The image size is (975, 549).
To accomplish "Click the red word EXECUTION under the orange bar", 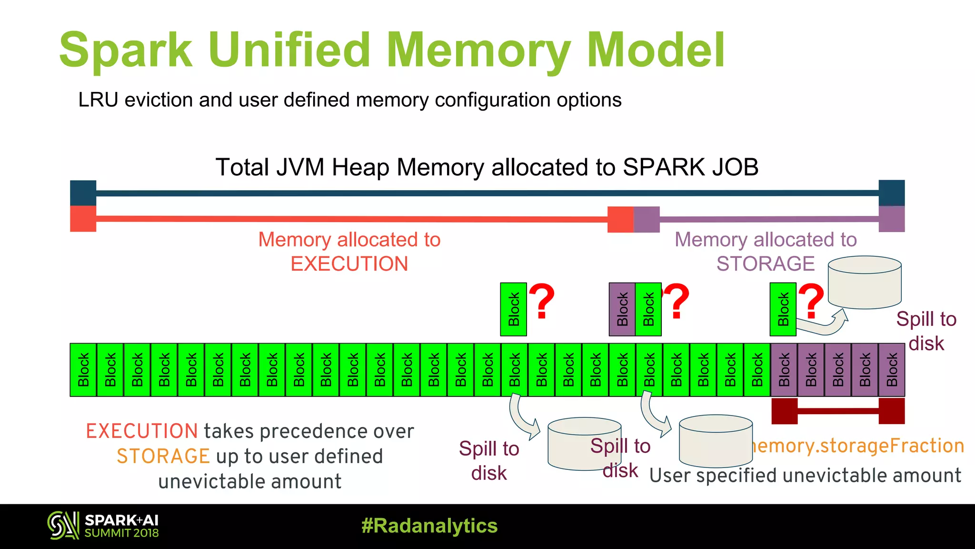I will tap(349, 264).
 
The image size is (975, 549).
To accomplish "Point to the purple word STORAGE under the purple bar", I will tap(765, 264).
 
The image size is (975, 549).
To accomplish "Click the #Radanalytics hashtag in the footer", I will tap(429, 526).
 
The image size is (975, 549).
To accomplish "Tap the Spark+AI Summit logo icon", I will tap(63, 526).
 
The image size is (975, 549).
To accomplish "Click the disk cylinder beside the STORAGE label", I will tap(864, 283).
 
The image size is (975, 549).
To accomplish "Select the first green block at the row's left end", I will tap(83, 370).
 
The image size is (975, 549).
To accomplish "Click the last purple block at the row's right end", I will tap(892, 370).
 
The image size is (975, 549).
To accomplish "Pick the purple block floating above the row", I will tap(622, 309).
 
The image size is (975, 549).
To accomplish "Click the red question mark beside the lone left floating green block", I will tap(542, 301).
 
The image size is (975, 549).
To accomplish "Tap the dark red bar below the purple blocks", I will tap(838, 411).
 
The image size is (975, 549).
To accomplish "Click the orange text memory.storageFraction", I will tap(857, 446).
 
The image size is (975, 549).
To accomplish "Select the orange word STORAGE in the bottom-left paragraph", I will tap(163, 457).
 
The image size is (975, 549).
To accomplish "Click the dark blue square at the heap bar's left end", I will tap(83, 193).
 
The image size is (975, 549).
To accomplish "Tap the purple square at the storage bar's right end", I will tap(891, 219).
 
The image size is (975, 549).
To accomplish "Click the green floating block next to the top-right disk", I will tap(783, 309).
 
